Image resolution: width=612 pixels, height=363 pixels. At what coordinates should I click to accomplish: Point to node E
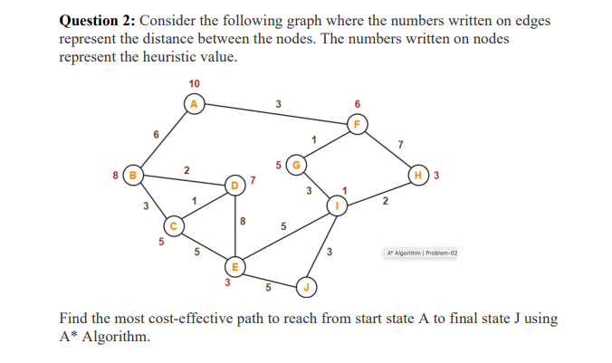click(234, 267)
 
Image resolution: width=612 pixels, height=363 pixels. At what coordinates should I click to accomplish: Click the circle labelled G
click(294, 165)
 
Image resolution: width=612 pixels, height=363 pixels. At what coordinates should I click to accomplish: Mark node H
click(419, 174)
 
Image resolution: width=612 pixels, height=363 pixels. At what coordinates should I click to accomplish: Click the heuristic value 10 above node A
click(194, 84)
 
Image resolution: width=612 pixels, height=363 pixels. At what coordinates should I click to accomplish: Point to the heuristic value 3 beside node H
click(436, 175)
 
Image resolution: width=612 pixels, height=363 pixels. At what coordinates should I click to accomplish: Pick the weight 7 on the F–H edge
click(399, 143)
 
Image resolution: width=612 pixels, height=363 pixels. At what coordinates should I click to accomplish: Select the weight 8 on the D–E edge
click(242, 220)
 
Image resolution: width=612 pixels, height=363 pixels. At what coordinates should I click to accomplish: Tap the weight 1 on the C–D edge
click(193, 199)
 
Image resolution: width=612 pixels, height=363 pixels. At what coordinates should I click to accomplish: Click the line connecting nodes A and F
click(272, 114)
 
